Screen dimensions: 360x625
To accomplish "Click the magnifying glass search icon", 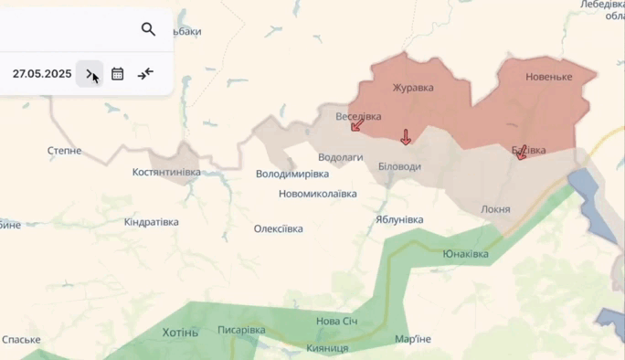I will (148, 29).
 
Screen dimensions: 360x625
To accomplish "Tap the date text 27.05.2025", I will (42, 74).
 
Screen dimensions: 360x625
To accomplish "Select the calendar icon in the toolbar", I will (118, 74).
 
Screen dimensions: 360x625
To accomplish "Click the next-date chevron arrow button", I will (90, 74).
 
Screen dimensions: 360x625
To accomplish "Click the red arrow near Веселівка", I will (355, 124).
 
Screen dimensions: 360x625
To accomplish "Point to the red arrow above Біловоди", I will (406, 137).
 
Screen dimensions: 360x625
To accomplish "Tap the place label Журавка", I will (412, 88).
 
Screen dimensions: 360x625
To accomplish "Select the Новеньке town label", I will (548, 77).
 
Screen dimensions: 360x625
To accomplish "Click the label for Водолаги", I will (342, 157).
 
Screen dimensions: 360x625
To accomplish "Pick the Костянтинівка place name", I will (165, 172).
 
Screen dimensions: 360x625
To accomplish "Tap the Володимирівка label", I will (291, 173).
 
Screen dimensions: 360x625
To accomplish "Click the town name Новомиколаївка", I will (318, 194).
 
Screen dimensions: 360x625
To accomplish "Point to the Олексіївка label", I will (278, 228).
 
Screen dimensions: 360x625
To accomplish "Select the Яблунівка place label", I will (399, 219).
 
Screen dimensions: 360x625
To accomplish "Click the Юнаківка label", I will (465, 254).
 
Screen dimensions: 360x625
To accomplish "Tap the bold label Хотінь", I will (179, 332).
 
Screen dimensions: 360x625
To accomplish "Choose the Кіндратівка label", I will (151, 222).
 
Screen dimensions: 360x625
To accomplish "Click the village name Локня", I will (495, 209).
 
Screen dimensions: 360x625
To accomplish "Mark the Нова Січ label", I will (337, 321).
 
